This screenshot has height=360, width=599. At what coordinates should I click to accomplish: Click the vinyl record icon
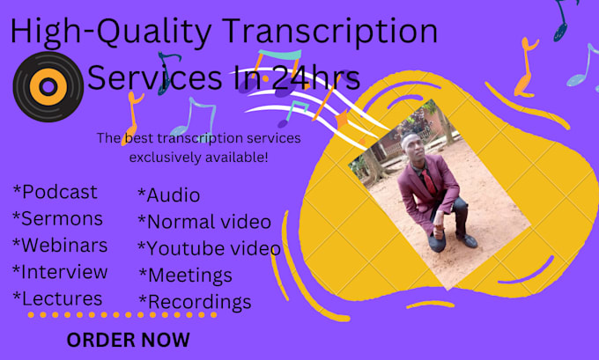click(x=48, y=86)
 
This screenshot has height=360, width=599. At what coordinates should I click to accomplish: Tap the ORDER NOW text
click(x=128, y=339)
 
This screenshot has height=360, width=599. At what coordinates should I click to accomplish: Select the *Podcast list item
click(x=55, y=192)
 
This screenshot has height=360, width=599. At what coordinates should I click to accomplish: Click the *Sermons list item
click(x=57, y=218)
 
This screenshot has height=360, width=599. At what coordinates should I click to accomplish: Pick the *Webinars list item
click(x=60, y=245)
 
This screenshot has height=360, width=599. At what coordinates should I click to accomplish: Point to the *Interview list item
click(x=60, y=271)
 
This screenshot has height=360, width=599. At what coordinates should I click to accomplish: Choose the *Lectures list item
click(x=57, y=298)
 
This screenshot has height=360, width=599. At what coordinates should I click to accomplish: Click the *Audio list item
click(x=168, y=195)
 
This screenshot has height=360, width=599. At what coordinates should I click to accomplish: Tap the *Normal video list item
click(x=203, y=222)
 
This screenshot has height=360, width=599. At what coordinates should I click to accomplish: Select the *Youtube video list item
click(x=209, y=248)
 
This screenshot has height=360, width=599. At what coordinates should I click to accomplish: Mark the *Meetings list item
click(x=185, y=276)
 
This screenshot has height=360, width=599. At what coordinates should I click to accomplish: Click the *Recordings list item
click(x=194, y=302)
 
